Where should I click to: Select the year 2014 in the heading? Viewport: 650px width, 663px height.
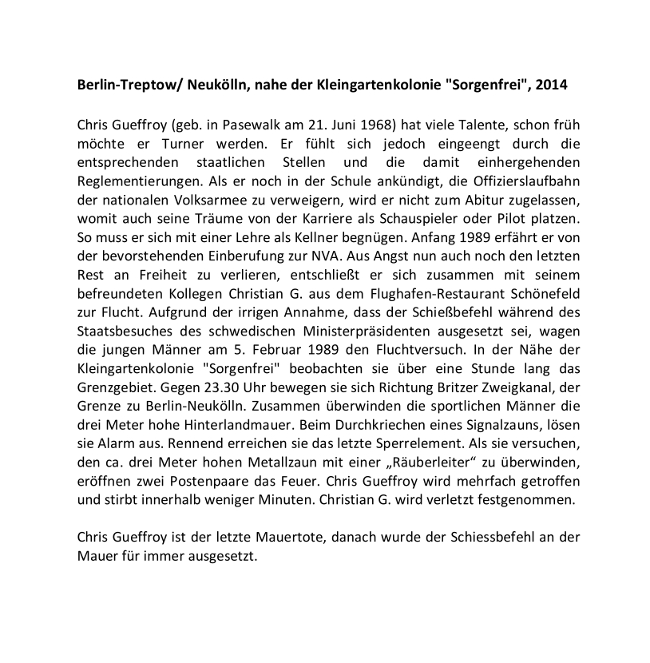tap(553, 84)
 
